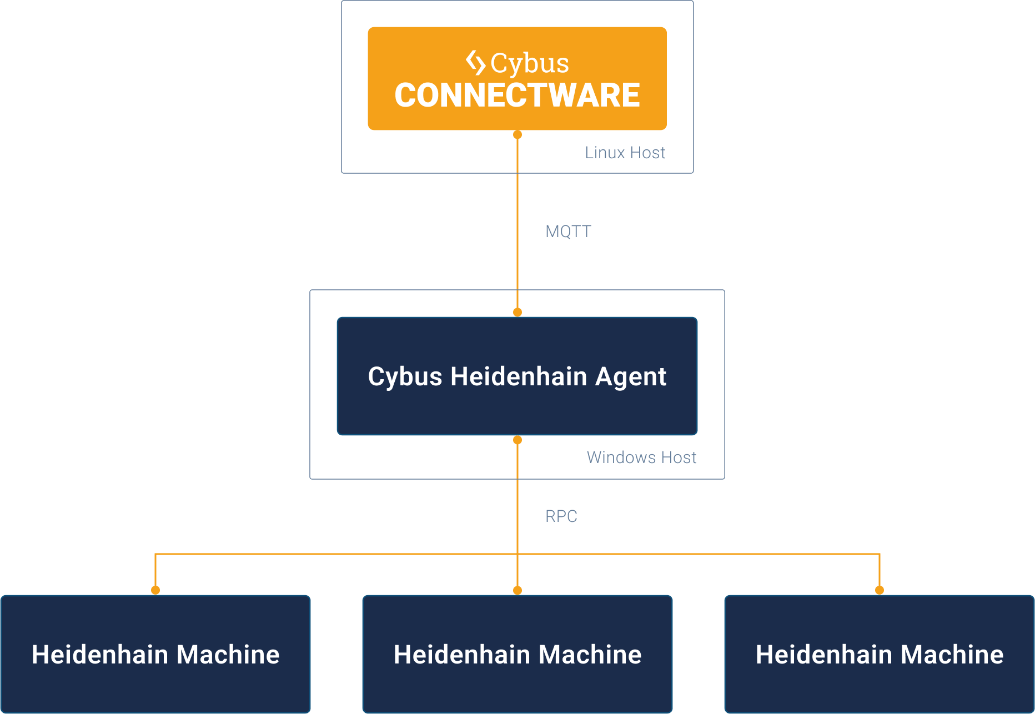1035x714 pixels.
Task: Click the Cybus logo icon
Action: [x=475, y=63]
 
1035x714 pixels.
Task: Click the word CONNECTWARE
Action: [x=517, y=95]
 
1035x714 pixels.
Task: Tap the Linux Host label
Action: [x=625, y=153]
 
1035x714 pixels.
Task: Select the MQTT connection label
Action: [x=568, y=232]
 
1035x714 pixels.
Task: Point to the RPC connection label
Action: [x=561, y=516]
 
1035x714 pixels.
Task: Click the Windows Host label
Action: [x=641, y=457]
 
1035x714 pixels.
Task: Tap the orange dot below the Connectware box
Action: [x=517, y=135]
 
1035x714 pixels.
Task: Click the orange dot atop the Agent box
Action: [x=517, y=313]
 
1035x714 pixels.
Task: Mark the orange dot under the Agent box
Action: [x=517, y=440]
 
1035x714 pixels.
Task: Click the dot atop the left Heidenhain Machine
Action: [x=155, y=590]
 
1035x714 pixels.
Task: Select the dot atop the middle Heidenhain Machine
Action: [x=517, y=590]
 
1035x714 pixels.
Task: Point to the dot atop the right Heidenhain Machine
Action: [x=880, y=590]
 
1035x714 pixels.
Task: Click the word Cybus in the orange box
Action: [x=530, y=63]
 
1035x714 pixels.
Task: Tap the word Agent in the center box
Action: [x=631, y=378]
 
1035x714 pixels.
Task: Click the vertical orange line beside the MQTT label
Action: [x=517, y=232]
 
